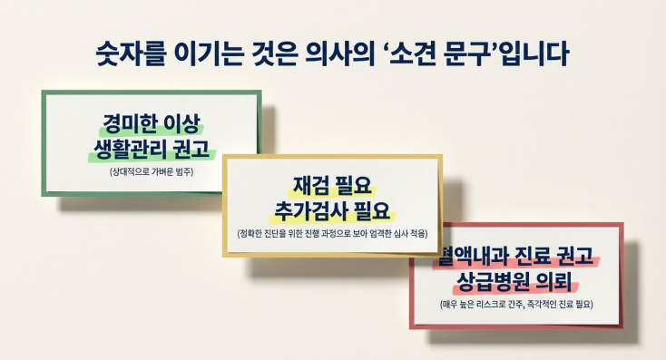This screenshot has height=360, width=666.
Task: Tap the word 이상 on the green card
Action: click(x=184, y=122)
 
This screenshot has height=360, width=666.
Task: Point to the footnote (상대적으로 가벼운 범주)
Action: click(x=151, y=170)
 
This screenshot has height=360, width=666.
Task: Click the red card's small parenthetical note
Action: click(x=516, y=303)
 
